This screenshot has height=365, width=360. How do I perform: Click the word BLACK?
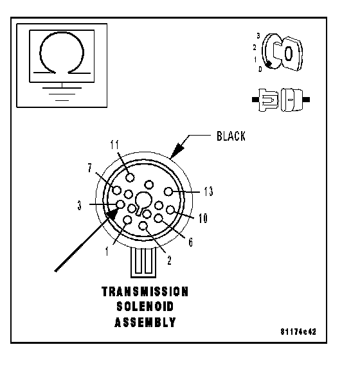point(231,136)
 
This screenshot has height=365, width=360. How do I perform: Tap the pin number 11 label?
point(114,145)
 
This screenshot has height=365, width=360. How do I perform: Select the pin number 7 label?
point(90,168)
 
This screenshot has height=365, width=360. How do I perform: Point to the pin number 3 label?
point(80,206)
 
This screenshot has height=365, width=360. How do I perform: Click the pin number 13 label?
point(208,191)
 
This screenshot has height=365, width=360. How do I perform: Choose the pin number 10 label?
point(203,218)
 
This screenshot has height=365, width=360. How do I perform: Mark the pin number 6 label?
point(191,242)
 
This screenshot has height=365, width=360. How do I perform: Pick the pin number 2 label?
point(170,260)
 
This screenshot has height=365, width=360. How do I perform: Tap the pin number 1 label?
point(107,251)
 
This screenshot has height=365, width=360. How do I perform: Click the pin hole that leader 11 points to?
point(130,177)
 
